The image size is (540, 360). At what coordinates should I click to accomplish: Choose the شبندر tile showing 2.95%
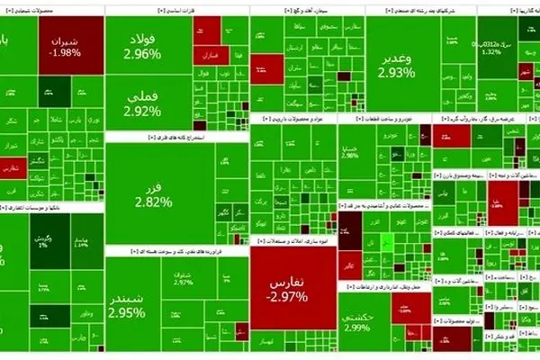pyautogui.click(x=126, y=306)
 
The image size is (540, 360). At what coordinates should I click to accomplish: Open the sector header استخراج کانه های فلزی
pyautogui.click(x=175, y=138)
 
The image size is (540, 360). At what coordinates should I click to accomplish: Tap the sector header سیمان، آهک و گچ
pyautogui.click(x=305, y=11)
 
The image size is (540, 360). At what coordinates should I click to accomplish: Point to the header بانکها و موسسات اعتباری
pyautogui.click(x=51, y=207)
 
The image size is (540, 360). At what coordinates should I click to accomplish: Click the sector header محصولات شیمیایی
pyautogui.click(x=51, y=11)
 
